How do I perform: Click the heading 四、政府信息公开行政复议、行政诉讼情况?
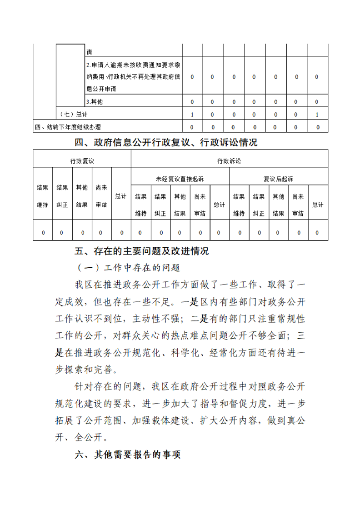166,143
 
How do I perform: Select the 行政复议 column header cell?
82,161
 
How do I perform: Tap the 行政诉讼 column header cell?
229,161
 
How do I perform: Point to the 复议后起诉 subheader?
278,179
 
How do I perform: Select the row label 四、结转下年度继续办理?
68,127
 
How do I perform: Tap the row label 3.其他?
94,102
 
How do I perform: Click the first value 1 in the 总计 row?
192,115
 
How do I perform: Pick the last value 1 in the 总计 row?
317,115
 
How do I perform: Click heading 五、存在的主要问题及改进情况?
142,251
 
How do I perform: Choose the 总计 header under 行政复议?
120,196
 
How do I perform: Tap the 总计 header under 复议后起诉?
317,205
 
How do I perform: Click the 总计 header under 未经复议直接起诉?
219,205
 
